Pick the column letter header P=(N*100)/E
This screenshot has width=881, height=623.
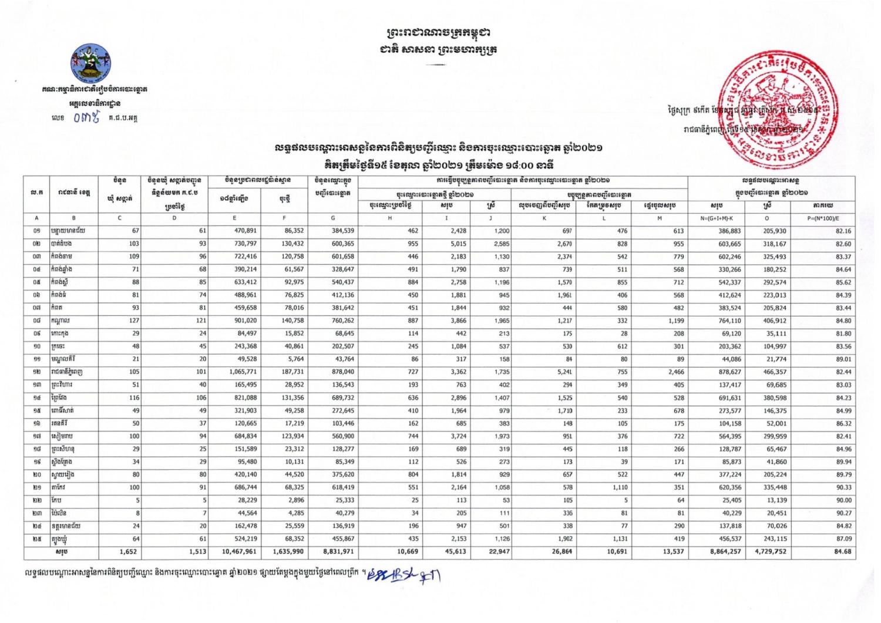[823, 218]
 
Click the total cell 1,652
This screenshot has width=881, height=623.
[127, 552]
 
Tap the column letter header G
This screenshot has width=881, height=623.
[333, 218]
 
